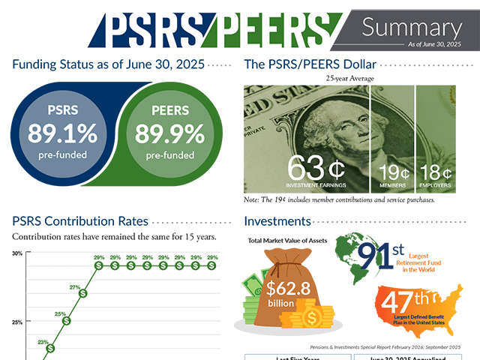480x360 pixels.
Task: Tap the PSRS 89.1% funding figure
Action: click(x=63, y=133)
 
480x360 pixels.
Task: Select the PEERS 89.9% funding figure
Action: click(x=169, y=133)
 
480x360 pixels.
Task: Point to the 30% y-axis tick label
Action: click(x=16, y=253)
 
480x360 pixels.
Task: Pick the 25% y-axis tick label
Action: click(x=16, y=322)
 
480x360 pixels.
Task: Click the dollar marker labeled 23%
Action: click(x=50, y=348)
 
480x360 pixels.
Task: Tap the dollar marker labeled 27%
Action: click(x=82, y=293)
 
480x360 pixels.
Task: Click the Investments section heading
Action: click(x=277, y=221)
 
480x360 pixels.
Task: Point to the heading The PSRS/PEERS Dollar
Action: click(x=310, y=65)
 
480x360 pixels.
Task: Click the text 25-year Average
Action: click(x=350, y=78)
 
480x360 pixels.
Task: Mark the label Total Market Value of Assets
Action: click(x=286, y=240)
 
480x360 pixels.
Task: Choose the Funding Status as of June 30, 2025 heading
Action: click(x=108, y=65)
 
